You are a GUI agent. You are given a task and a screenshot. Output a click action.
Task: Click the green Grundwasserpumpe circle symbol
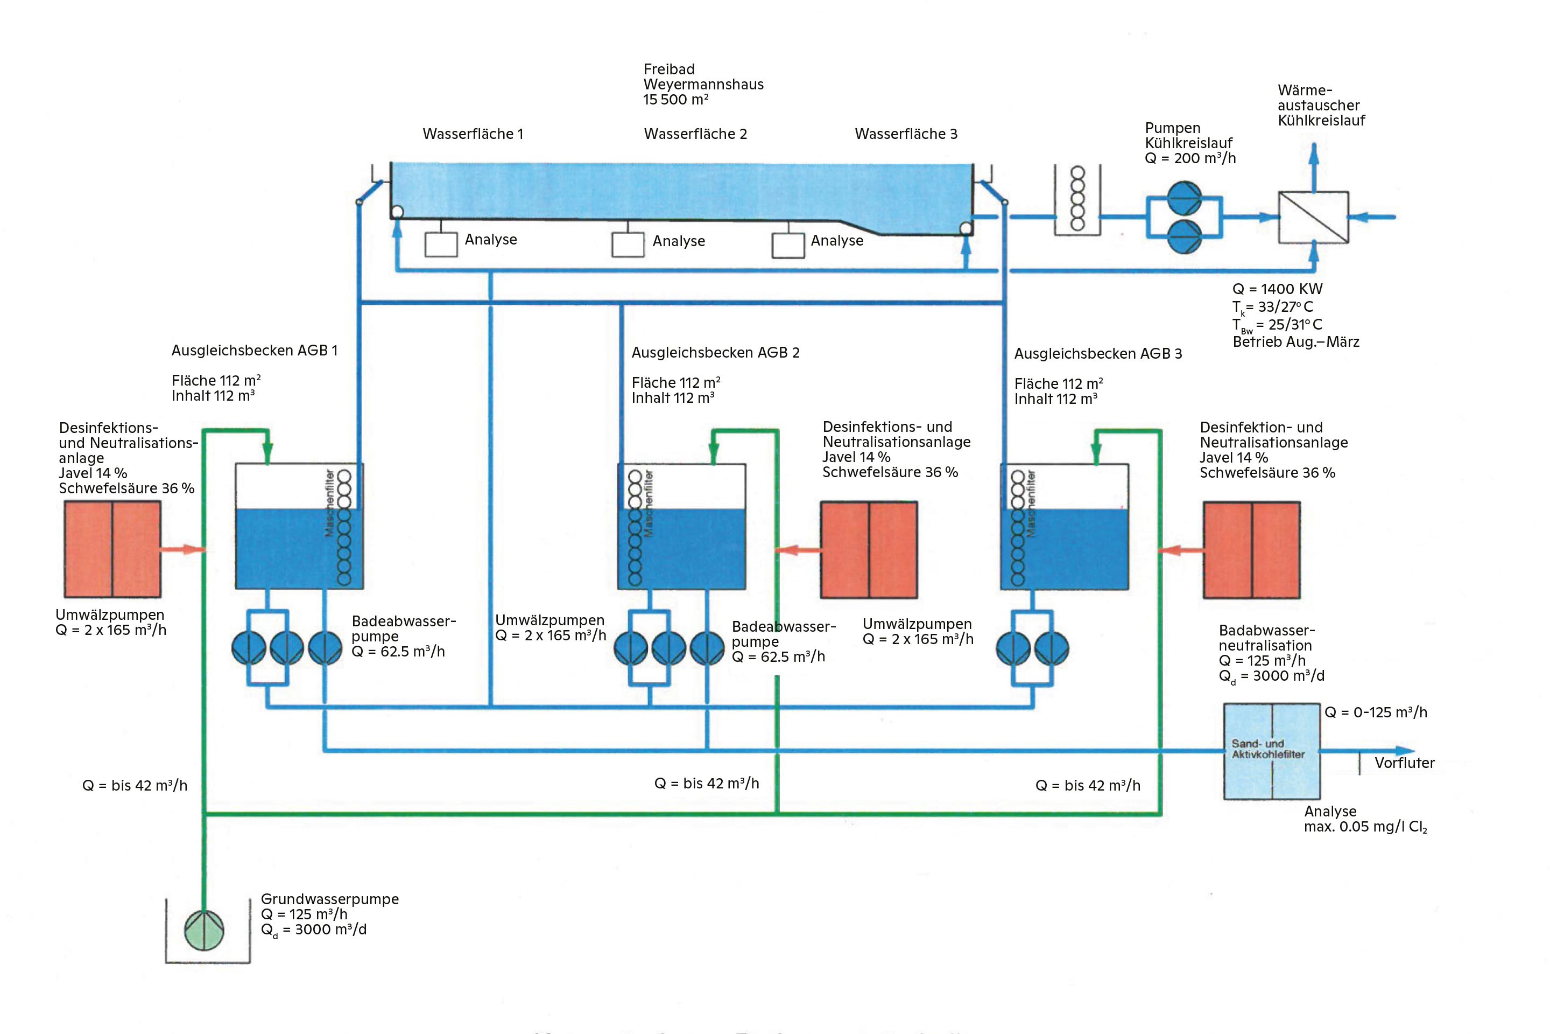pyautogui.click(x=205, y=931)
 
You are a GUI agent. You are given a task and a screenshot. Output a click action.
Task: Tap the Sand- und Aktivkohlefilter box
pyautogui.click(x=1271, y=751)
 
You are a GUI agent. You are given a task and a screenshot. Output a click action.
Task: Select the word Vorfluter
pyautogui.click(x=1404, y=763)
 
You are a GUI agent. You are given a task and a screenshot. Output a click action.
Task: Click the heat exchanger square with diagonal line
pyautogui.click(x=1313, y=217)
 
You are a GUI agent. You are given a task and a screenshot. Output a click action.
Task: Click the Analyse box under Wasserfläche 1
pyautogui.click(x=441, y=244)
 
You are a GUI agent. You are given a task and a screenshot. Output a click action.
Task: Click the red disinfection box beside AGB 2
pyautogui.click(x=868, y=549)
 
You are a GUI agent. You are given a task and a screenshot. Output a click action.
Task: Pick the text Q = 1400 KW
pyautogui.click(x=1277, y=289)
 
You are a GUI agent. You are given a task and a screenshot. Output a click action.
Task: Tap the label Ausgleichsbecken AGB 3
pyautogui.click(x=1097, y=353)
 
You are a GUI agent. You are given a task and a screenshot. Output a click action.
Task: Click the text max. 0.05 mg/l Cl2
pyautogui.click(x=1365, y=827)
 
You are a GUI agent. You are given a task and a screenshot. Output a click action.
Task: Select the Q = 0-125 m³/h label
pyautogui.click(x=1376, y=712)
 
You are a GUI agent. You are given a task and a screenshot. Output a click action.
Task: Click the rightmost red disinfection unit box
pyautogui.click(x=1251, y=549)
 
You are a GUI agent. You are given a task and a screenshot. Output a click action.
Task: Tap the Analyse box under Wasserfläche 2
pyautogui.click(x=628, y=244)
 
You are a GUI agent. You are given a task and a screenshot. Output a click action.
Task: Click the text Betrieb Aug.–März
pyautogui.click(x=1295, y=341)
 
